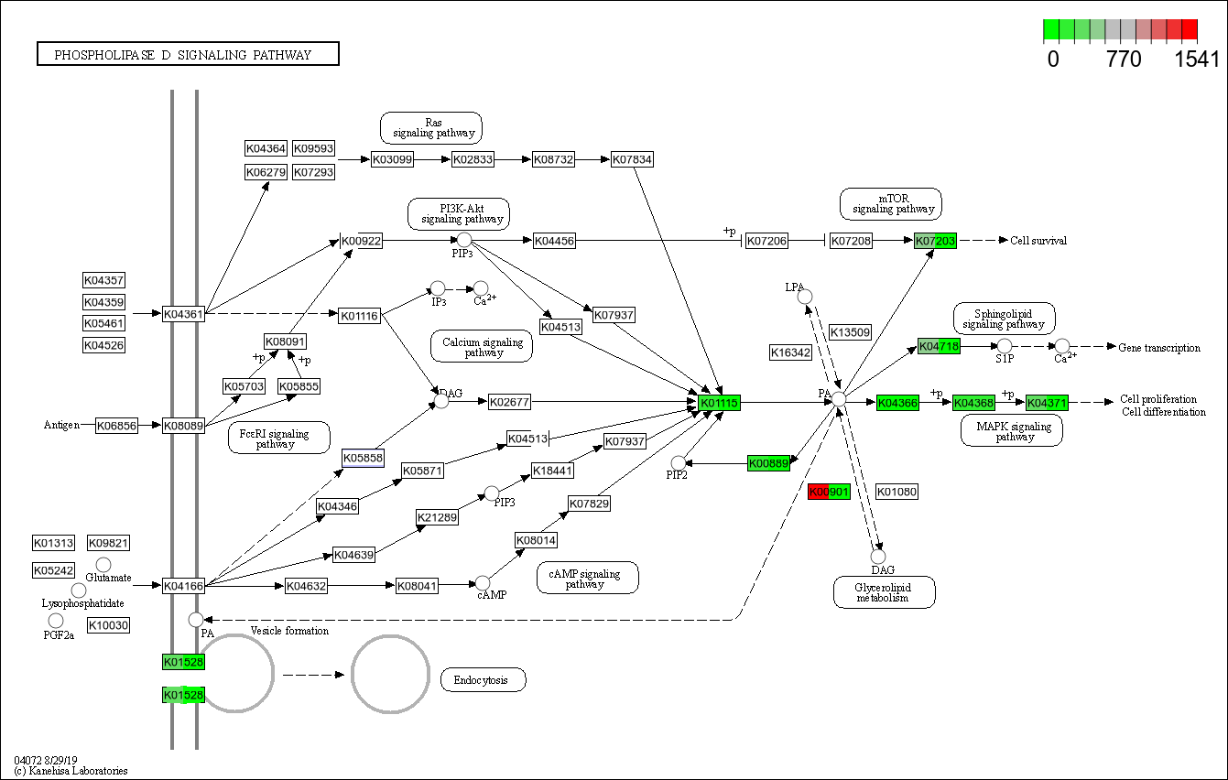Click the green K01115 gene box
[719, 402]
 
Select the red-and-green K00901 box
[829, 492]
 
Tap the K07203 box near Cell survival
[935, 241]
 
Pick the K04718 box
[939, 346]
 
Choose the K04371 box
[1046, 403]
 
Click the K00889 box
[768, 463]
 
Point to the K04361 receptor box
[183, 314]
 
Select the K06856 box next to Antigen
[116, 426]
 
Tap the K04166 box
[183, 585]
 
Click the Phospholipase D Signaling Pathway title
[188, 55]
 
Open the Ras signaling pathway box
[431, 128]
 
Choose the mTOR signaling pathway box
[890, 204]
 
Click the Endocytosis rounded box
[483, 679]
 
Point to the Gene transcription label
[1158, 348]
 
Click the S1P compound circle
[1005, 345]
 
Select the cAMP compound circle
[483, 582]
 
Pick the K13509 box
[850, 332]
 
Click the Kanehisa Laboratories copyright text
[71, 771]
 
